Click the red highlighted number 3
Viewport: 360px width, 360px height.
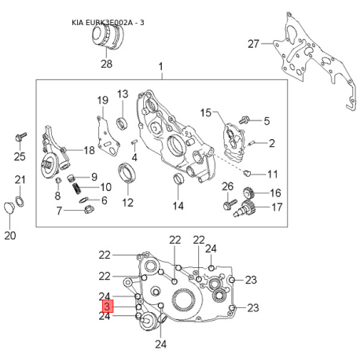[x=108, y=306]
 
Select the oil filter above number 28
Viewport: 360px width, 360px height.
[x=108, y=36]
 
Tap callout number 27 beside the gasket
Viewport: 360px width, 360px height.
[x=253, y=44]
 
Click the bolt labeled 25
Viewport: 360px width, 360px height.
[x=21, y=137]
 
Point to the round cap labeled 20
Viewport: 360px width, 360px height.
[x=9, y=208]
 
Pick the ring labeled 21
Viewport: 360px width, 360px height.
[x=20, y=201]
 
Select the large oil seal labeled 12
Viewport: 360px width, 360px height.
[x=127, y=172]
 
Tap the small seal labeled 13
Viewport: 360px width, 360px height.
[x=122, y=123]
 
